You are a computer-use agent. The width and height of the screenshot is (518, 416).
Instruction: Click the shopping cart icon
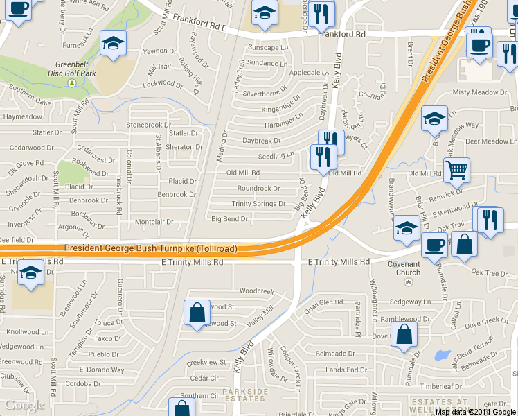click(x=457, y=169)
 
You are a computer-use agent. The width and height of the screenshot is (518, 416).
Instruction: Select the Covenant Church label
click(x=404, y=268)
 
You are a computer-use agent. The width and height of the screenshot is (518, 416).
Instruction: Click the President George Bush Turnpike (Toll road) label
click(x=150, y=248)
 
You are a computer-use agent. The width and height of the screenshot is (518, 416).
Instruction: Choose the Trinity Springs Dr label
click(x=258, y=204)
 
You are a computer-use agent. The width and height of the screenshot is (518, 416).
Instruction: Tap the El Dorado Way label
click(x=102, y=370)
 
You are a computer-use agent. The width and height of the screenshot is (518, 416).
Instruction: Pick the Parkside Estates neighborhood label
click(x=245, y=395)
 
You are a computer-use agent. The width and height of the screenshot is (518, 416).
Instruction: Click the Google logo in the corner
click(x=24, y=405)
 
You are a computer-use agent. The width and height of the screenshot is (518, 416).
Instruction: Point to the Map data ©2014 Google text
click(x=476, y=411)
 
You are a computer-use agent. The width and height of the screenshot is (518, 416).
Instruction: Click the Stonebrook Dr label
click(x=148, y=125)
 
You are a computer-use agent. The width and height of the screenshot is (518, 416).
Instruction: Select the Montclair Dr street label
click(x=154, y=222)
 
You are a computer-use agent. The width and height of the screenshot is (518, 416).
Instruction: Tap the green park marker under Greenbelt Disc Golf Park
click(x=71, y=83)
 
